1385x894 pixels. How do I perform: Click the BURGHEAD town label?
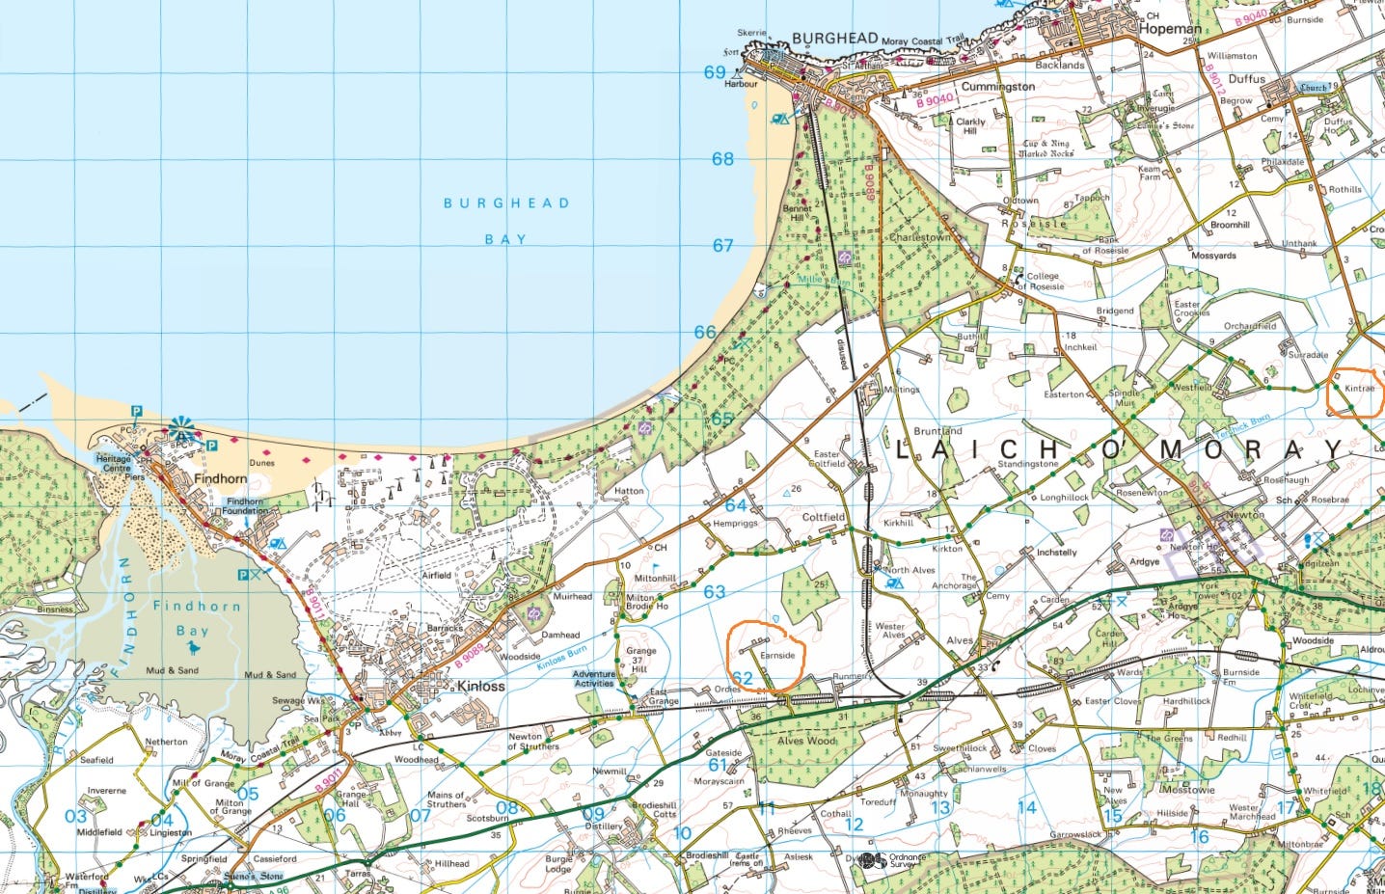[834, 39]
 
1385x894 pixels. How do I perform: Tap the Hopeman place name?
[1170, 29]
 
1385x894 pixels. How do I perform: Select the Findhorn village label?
[220, 478]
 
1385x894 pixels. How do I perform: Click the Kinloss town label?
[480, 687]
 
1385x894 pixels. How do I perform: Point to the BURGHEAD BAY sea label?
[506, 221]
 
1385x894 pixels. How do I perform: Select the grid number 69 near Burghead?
[715, 72]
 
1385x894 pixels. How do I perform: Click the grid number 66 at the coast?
[705, 332]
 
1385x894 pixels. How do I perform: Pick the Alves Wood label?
[807, 741]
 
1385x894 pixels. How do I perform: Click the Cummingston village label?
[998, 87]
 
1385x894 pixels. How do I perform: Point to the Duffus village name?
[1247, 79]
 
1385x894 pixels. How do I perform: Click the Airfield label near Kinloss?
[436, 576]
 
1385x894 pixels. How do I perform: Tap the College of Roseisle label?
[1043, 281]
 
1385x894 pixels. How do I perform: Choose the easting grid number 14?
[1027, 807]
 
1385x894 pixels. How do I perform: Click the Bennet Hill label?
[798, 212]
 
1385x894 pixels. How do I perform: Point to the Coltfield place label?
[824, 517]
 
